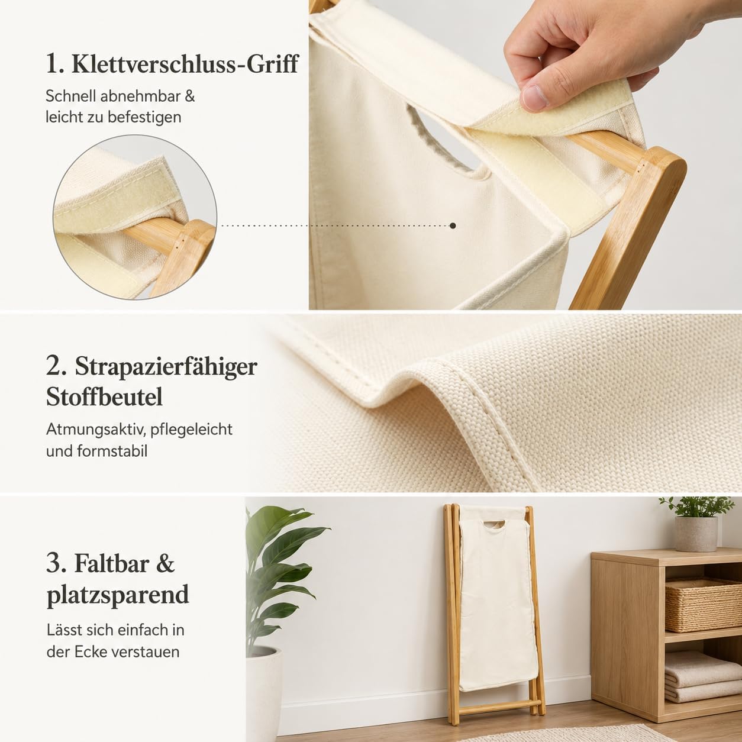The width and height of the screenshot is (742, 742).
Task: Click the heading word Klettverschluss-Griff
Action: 185,64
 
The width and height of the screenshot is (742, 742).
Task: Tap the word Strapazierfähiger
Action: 166,367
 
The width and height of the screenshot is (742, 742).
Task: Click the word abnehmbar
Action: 141,96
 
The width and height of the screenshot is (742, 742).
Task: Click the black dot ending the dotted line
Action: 453,225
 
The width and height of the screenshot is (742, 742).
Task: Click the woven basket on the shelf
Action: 703,604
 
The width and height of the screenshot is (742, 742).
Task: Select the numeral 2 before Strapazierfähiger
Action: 54,367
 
